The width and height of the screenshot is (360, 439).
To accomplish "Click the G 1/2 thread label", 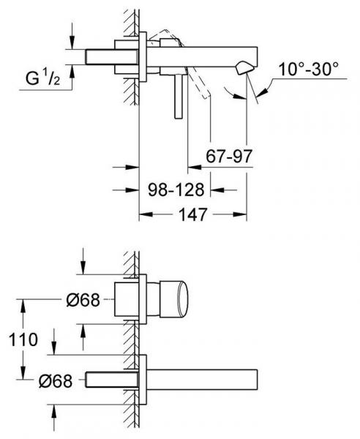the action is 43,78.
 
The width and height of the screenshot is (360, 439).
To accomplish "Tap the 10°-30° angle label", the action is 309,69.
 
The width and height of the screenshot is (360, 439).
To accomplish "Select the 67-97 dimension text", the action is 229,157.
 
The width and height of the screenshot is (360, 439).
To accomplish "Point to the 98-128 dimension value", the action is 176,190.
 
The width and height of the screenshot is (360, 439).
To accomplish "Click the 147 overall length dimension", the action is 193,214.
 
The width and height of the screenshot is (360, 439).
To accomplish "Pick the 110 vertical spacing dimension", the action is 23,339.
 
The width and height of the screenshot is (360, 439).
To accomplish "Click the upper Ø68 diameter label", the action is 83,300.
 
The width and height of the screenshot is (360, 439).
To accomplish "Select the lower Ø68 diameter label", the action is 56,381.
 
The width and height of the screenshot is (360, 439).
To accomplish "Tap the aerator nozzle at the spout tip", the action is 244,68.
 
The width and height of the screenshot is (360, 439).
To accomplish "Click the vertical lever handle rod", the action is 179,97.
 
